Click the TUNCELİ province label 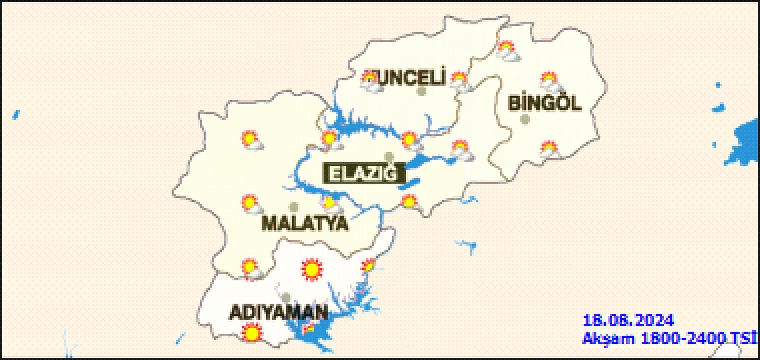(x=409, y=78)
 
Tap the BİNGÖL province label (x=544, y=103)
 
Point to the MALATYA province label (x=305, y=224)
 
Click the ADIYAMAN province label (x=279, y=313)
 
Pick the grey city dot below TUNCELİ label (x=422, y=92)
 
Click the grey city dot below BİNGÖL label (x=525, y=120)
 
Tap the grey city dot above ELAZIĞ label (x=389, y=157)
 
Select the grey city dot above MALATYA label (x=294, y=207)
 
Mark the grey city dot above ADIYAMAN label (x=286, y=298)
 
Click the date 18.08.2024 (x=628, y=321)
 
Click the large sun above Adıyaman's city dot (x=311, y=270)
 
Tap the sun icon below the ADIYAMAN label (x=252, y=333)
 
